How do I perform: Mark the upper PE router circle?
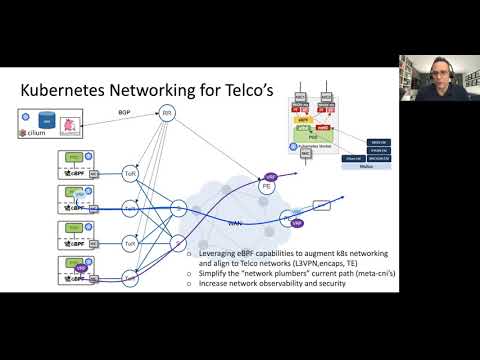(x=267, y=185)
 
